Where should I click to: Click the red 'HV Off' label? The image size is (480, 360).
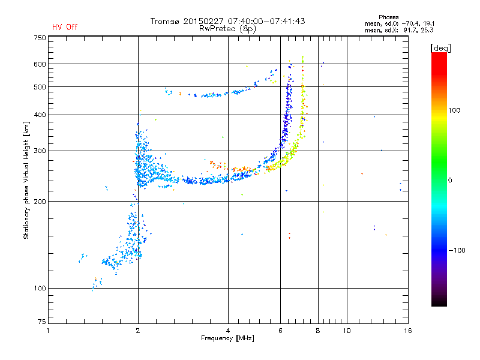pyautogui.click(x=64, y=27)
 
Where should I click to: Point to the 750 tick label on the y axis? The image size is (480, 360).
pyautogui.click(x=40, y=38)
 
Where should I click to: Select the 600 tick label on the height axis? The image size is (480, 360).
pyautogui.click(x=40, y=64)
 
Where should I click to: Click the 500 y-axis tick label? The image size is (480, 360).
pyautogui.click(x=40, y=87)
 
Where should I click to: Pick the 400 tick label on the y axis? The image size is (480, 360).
pyautogui.click(x=40, y=115)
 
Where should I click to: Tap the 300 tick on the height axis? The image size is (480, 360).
pyautogui.click(x=40, y=151)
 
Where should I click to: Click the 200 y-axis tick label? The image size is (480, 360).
pyautogui.click(x=40, y=201)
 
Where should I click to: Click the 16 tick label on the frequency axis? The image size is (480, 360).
pyautogui.click(x=408, y=331)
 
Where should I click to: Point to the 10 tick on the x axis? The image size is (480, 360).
pyautogui.click(x=346, y=331)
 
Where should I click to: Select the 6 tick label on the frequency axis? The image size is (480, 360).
pyautogui.click(x=280, y=331)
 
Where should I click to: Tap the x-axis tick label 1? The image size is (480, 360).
pyautogui.click(x=49, y=331)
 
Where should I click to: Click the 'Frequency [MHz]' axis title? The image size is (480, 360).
pyautogui.click(x=227, y=339)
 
